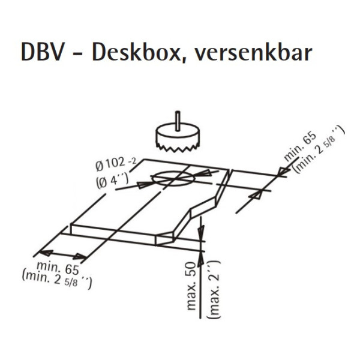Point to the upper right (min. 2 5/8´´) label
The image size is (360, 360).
pyautogui.click(x=319, y=150)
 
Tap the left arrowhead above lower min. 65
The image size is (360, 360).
pyautogui.click(x=45, y=252)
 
